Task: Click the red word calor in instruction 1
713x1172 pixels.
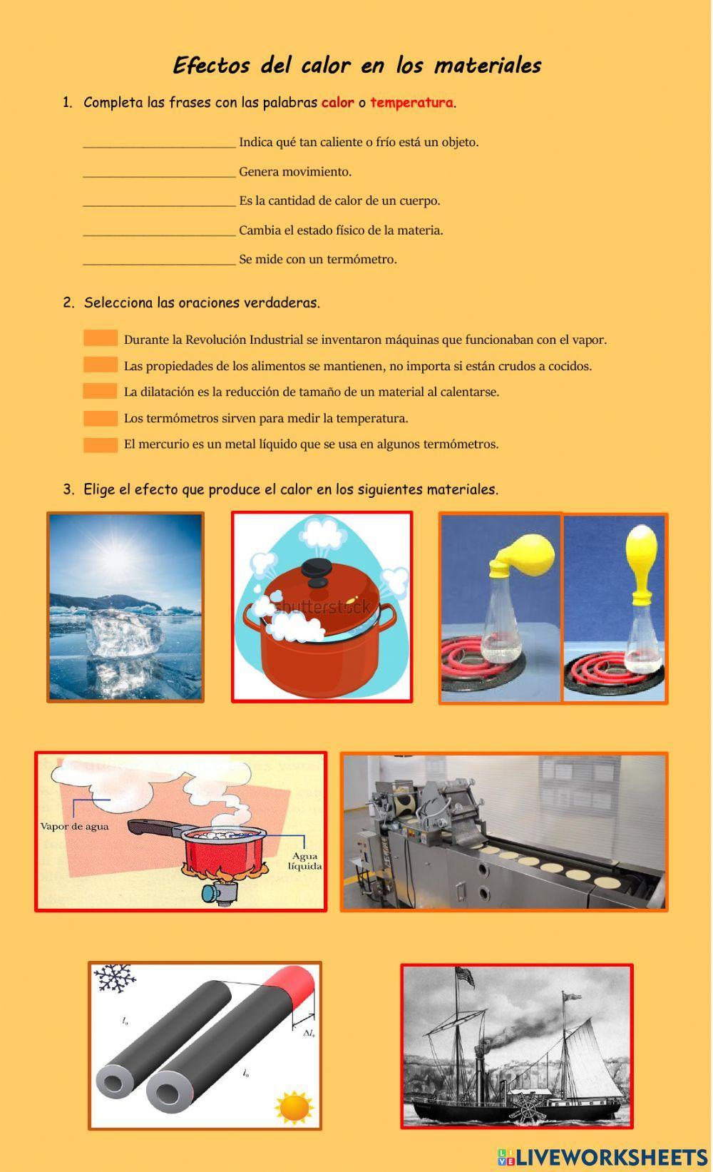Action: [337, 102]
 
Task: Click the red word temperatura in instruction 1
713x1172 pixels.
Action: [411, 102]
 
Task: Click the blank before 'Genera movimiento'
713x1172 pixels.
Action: [159, 171]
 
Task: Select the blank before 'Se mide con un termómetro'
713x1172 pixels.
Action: [159, 259]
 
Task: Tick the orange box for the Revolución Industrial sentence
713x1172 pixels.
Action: [101, 339]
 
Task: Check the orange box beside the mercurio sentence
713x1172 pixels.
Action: [101, 444]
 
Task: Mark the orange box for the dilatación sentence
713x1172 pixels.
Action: [101, 391]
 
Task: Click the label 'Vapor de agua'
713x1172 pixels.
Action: [74, 827]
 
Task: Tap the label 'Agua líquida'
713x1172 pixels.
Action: [304, 861]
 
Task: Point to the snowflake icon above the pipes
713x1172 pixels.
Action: [114, 979]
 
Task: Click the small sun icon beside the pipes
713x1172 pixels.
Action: [294, 1108]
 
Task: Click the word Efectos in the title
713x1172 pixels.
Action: [210, 66]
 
